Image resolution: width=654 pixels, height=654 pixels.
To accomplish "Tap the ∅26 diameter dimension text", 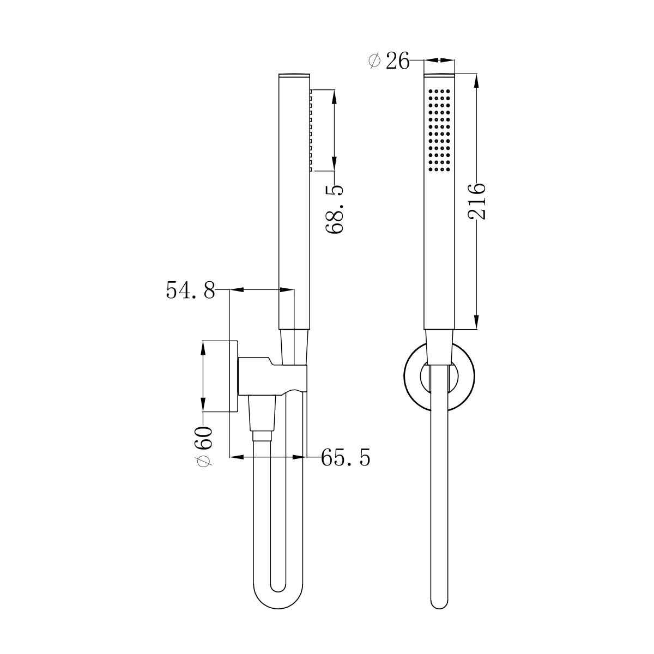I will tap(389, 62).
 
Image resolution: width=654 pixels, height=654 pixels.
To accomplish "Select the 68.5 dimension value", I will tap(335, 209).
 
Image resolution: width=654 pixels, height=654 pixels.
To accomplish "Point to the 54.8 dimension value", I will tap(190, 290).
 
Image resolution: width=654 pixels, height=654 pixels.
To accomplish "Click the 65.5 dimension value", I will tap(346, 457).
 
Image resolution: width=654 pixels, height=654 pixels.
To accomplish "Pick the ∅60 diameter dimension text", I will tap(204, 446).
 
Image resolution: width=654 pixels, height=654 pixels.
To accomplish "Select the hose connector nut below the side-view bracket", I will tap(262, 435).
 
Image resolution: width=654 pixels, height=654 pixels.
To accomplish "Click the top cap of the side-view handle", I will tap(294, 75).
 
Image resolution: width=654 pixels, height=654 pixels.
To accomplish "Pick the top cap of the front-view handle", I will tap(439, 74).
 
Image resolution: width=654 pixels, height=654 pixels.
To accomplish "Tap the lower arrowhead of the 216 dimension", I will tap(476, 322).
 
